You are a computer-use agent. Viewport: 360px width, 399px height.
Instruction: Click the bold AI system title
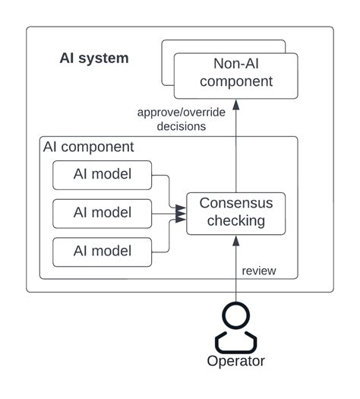click(x=94, y=59)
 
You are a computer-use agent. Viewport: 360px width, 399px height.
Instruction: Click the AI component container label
click(x=88, y=147)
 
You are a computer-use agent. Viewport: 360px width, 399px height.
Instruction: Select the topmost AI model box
click(x=102, y=175)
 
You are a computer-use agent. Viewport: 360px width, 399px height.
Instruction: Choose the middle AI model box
click(x=102, y=213)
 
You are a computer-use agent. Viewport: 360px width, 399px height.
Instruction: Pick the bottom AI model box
click(x=102, y=251)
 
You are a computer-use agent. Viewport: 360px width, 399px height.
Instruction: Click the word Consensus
click(x=235, y=204)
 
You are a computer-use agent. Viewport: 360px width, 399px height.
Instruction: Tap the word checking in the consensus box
click(x=235, y=221)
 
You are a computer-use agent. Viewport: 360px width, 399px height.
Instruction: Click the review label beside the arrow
click(x=258, y=271)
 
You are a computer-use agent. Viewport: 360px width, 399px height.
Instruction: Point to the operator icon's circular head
click(x=235, y=315)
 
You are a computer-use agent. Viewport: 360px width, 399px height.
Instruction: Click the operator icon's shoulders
click(x=235, y=339)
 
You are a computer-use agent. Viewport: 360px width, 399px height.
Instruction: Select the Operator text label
click(x=235, y=361)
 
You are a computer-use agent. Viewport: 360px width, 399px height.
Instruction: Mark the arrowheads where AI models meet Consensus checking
click(x=181, y=214)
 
